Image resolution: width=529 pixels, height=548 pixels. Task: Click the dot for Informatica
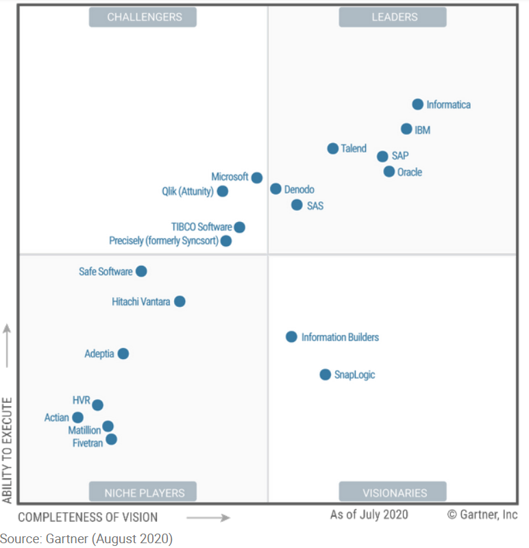[x=417, y=104]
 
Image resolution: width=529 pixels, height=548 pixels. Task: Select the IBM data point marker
[x=406, y=129]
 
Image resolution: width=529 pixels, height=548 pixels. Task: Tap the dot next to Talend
[x=332, y=149]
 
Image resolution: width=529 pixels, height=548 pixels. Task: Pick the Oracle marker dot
[x=389, y=171]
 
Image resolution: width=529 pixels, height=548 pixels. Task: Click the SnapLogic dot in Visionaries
[x=325, y=375]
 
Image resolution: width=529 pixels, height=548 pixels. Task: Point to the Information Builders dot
[x=291, y=337]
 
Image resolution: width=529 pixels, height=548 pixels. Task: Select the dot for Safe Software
[x=141, y=271]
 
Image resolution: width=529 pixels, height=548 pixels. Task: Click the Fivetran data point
[x=111, y=439]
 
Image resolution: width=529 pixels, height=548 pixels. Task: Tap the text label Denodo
[x=299, y=189]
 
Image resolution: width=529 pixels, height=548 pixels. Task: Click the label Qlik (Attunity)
[x=187, y=192]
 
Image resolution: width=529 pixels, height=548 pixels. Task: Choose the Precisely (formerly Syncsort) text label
[x=163, y=241]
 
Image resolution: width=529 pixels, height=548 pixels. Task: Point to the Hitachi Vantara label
[x=140, y=301]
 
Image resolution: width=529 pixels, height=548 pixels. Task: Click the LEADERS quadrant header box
[x=393, y=17]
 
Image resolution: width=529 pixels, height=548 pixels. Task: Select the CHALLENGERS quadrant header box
[x=143, y=17]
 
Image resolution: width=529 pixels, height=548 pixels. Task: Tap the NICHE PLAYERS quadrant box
[x=143, y=492]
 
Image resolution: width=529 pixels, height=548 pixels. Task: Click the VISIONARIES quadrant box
[x=393, y=492]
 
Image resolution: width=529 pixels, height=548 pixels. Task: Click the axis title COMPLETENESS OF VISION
[x=88, y=517]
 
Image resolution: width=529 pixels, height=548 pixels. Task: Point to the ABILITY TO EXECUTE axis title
[x=8, y=449]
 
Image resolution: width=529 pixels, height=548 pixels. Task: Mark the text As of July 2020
[x=369, y=514]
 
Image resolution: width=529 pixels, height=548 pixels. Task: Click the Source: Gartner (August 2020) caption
[x=86, y=538]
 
